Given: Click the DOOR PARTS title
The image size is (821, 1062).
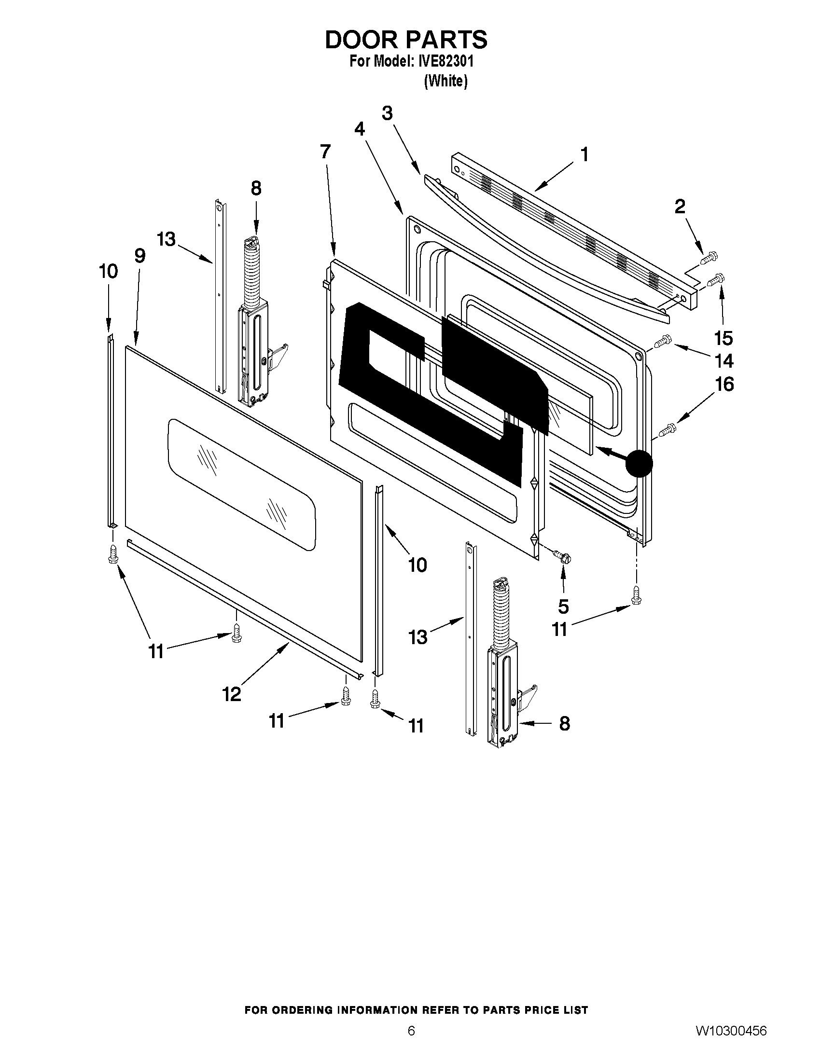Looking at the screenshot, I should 405,40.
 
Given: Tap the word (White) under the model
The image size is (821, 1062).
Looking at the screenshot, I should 445,81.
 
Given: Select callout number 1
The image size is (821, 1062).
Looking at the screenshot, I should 584,154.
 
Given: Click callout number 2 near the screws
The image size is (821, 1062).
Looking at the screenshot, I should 680,207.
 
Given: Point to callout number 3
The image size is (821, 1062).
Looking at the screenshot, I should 387,113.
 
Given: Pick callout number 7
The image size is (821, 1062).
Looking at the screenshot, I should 325,152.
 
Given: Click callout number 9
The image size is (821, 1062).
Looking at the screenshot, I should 140,256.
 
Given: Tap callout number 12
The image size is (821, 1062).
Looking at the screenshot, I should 232,695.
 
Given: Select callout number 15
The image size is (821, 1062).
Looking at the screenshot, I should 723,338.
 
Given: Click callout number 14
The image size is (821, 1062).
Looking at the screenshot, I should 724,361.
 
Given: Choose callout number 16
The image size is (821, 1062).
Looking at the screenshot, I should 724,384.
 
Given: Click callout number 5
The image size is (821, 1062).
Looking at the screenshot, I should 563,607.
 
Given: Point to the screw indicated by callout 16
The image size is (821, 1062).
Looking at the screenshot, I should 667,429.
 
